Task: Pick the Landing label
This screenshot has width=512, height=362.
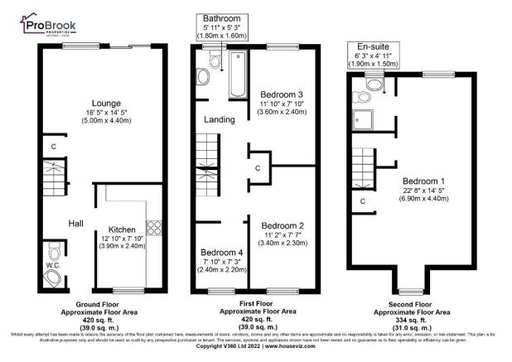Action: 220,120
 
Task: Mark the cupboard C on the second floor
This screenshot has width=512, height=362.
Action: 363,200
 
